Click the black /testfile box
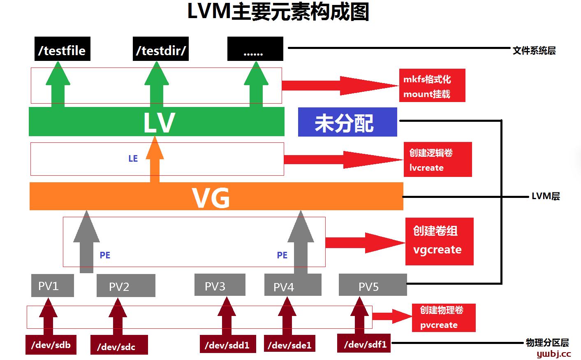pyautogui.click(x=62, y=49)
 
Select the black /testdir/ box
pyautogui.click(x=161, y=49)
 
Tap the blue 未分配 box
pyautogui.click(x=347, y=122)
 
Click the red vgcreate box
pyautogui.click(x=439, y=242)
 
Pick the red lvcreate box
pyautogui.click(x=437, y=160)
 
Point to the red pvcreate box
pyautogui.click(x=444, y=318)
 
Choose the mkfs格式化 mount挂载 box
pyautogui.click(x=432, y=86)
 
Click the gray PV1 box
pyautogui.click(x=53, y=286)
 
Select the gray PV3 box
pyautogui.click(x=220, y=285)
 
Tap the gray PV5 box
pyautogui.click(x=373, y=285)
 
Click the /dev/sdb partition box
pyautogui.click(x=51, y=345)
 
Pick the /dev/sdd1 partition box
pyautogui.click(x=227, y=344)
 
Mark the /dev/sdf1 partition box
pyautogui.click(x=364, y=343)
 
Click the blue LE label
pyautogui.click(x=133, y=159)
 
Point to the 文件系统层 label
pyautogui.click(x=534, y=51)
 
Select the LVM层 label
pyautogui.click(x=546, y=196)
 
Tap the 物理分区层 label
pyautogui.click(x=547, y=342)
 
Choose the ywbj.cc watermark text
pyautogui.click(x=554, y=354)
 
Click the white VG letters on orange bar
pyautogui.click(x=211, y=198)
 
